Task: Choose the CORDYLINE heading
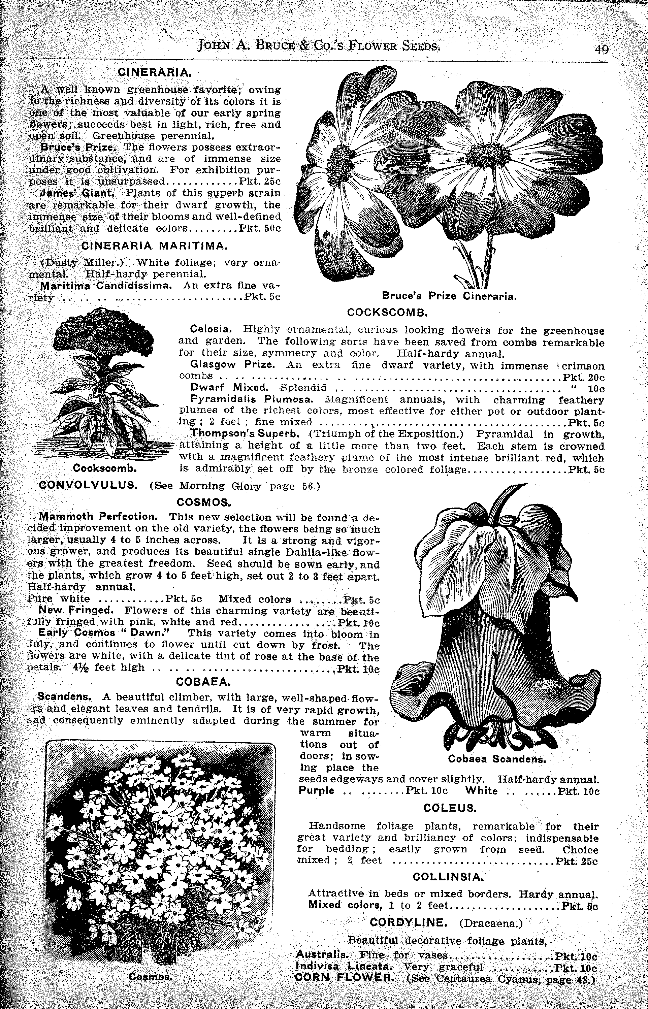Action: click(408, 923)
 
